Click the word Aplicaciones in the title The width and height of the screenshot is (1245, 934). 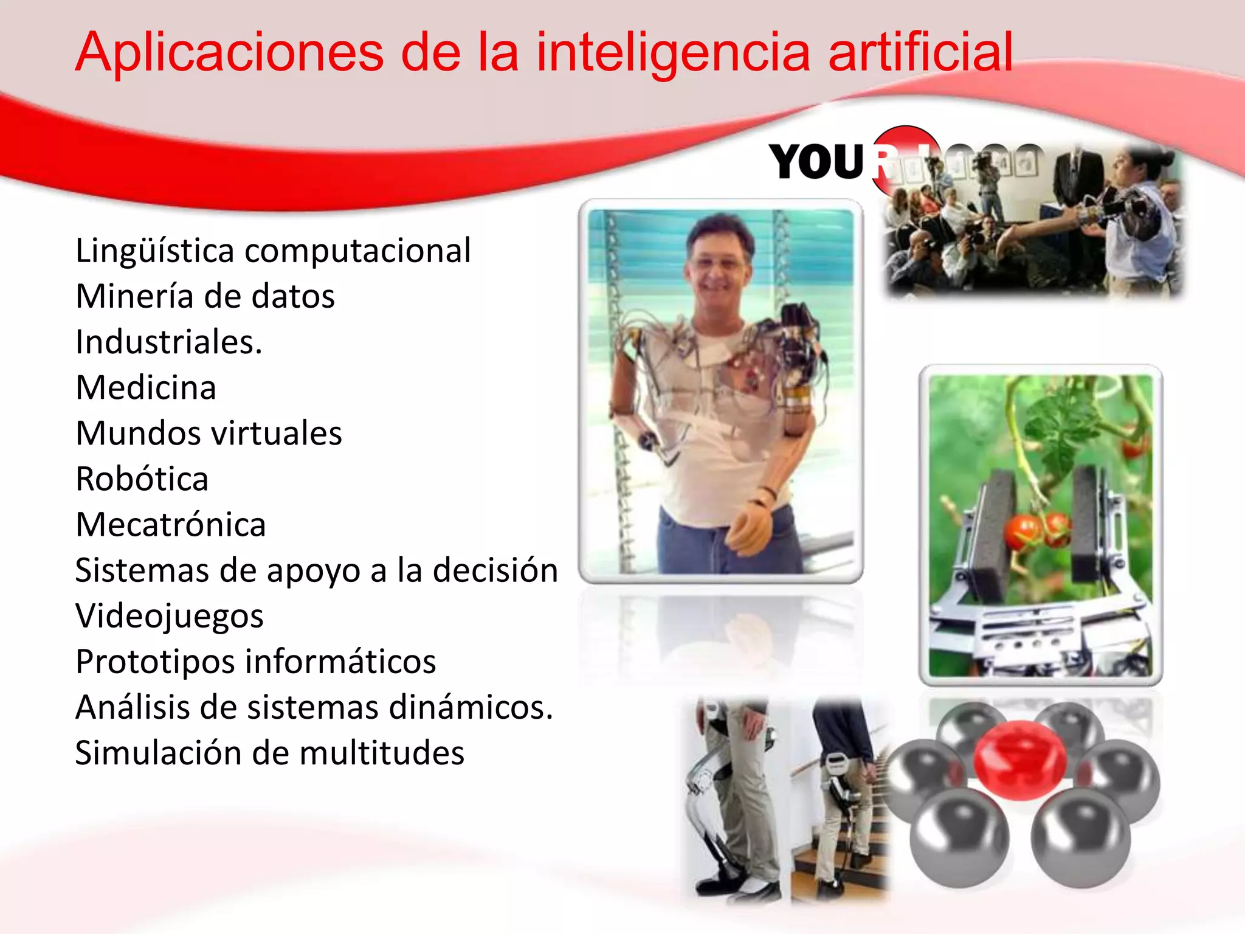coord(230,53)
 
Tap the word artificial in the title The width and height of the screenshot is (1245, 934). coord(920,53)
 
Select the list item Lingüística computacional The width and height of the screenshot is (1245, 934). coord(273,251)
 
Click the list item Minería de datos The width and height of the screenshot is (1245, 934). coord(205,296)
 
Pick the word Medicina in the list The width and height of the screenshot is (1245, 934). coord(146,387)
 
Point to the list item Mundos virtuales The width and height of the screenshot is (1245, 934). coord(209,433)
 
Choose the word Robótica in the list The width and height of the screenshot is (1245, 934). coord(142,479)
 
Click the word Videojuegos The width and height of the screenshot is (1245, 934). coord(170,615)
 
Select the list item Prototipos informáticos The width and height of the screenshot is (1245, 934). coord(255,661)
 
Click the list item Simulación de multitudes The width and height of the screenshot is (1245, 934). coord(269,753)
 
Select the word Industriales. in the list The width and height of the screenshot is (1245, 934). coord(168,342)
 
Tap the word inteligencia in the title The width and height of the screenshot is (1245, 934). coord(673,53)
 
